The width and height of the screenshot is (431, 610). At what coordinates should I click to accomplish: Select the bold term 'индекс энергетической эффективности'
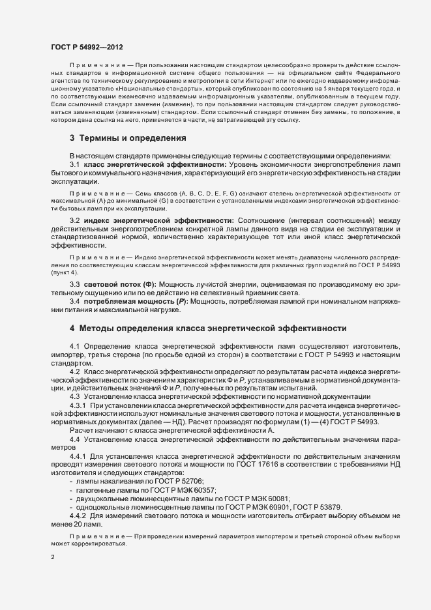pos(162,221)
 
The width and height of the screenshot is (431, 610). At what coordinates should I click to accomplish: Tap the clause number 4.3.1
pos(82,405)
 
